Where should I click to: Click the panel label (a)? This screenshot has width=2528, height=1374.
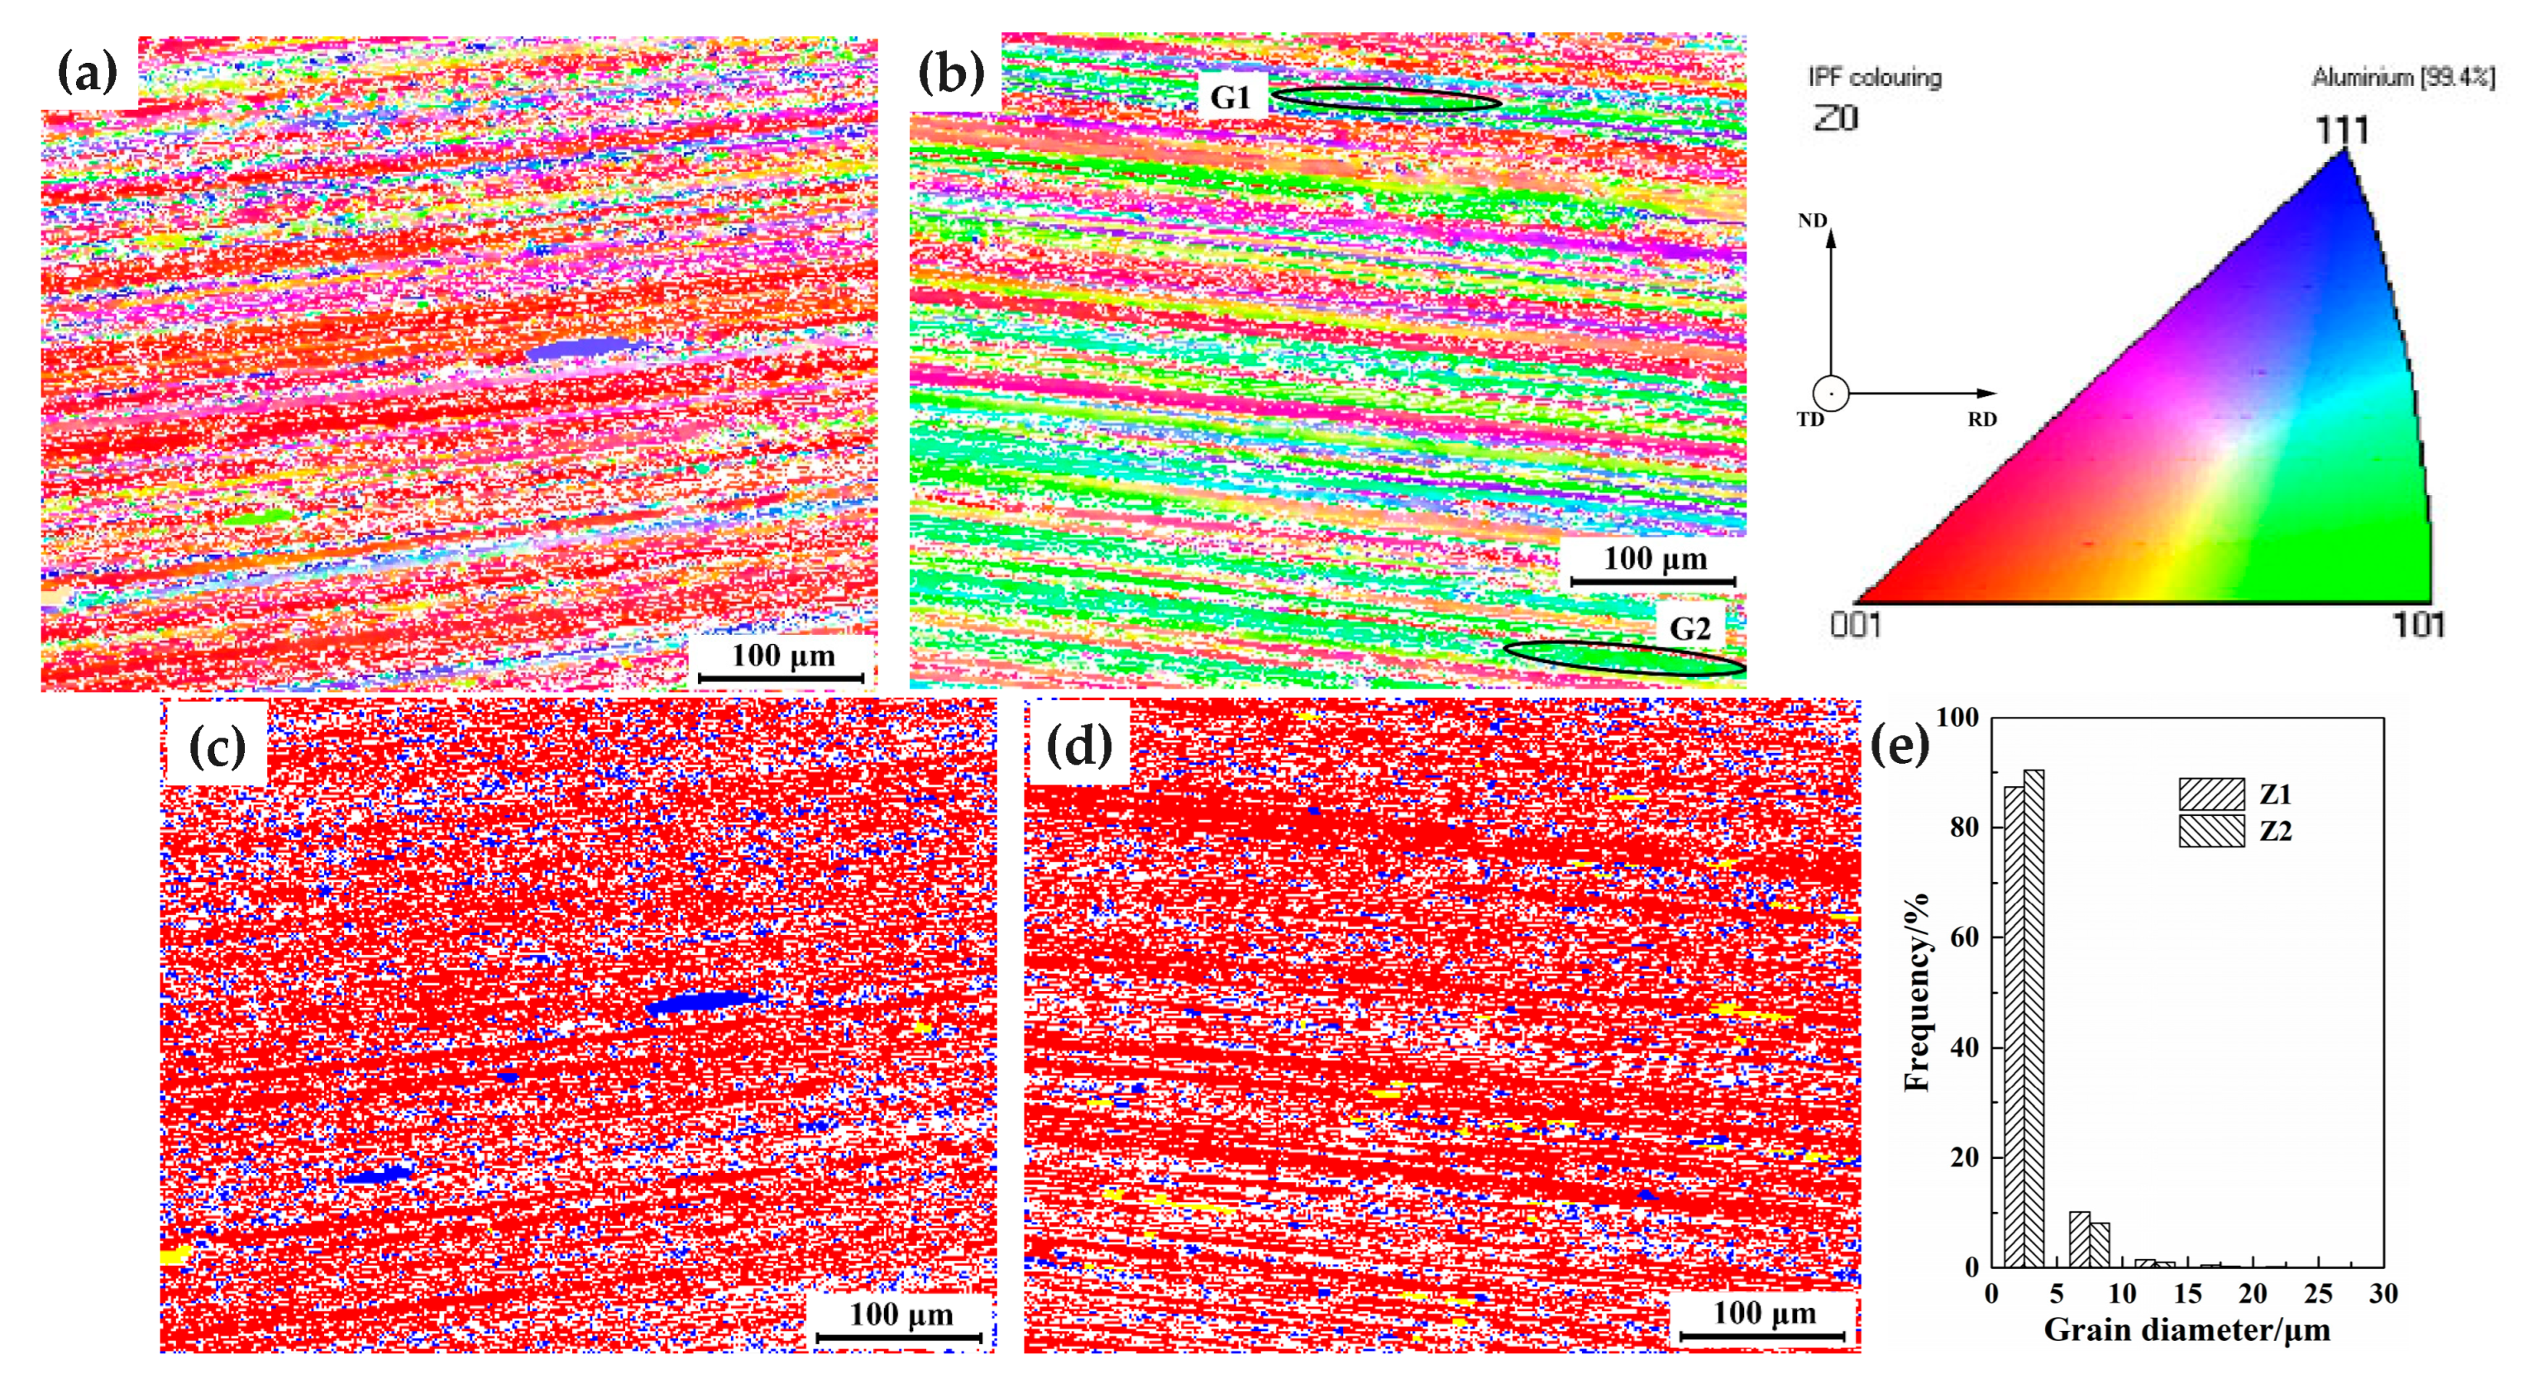(88, 73)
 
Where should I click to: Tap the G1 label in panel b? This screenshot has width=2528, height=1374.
(1230, 98)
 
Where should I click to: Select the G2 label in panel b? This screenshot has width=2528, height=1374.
(1690, 628)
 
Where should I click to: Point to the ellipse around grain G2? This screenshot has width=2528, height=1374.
(1623, 657)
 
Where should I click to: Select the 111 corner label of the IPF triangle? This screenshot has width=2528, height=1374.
(2342, 130)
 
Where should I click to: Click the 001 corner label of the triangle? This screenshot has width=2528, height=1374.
(1856, 624)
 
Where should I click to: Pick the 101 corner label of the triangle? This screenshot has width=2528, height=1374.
(2418, 624)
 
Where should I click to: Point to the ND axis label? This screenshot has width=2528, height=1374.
(1812, 221)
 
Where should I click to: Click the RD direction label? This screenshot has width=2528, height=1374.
(1981, 419)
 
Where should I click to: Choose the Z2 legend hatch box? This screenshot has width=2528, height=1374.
(2211, 830)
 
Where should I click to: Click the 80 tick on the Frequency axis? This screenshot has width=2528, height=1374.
(1964, 828)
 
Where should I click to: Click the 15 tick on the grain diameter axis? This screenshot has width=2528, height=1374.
(2187, 1294)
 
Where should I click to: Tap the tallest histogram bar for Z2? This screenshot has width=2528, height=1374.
(2033, 1018)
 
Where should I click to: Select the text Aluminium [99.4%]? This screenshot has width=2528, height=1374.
(2402, 77)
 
